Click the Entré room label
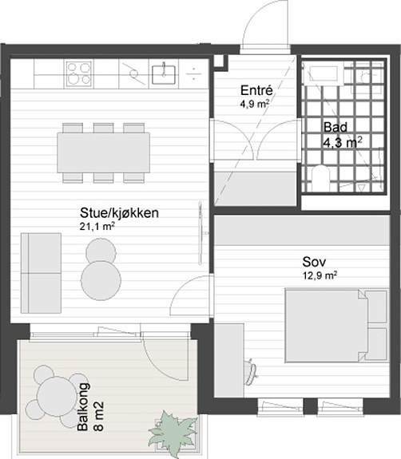click(x=256, y=90)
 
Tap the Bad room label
click(x=335, y=127)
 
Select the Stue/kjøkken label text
click(x=119, y=213)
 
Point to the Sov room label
click(x=314, y=262)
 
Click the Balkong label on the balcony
click(x=83, y=407)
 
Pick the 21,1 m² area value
click(x=97, y=226)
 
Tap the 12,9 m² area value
click(x=320, y=275)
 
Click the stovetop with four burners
click(x=79, y=73)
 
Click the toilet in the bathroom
click(x=320, y=178)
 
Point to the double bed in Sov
click(x=336, y=326)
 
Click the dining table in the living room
click(x=103, y=152)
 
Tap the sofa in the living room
click(x=41, y=273)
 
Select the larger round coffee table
click(x=101, y=280)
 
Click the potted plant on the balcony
click(x=173, y=433)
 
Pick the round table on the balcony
click(x=57, y=397)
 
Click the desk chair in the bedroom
click(x=251, y=371)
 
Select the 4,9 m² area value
click(x=255, y=104)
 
